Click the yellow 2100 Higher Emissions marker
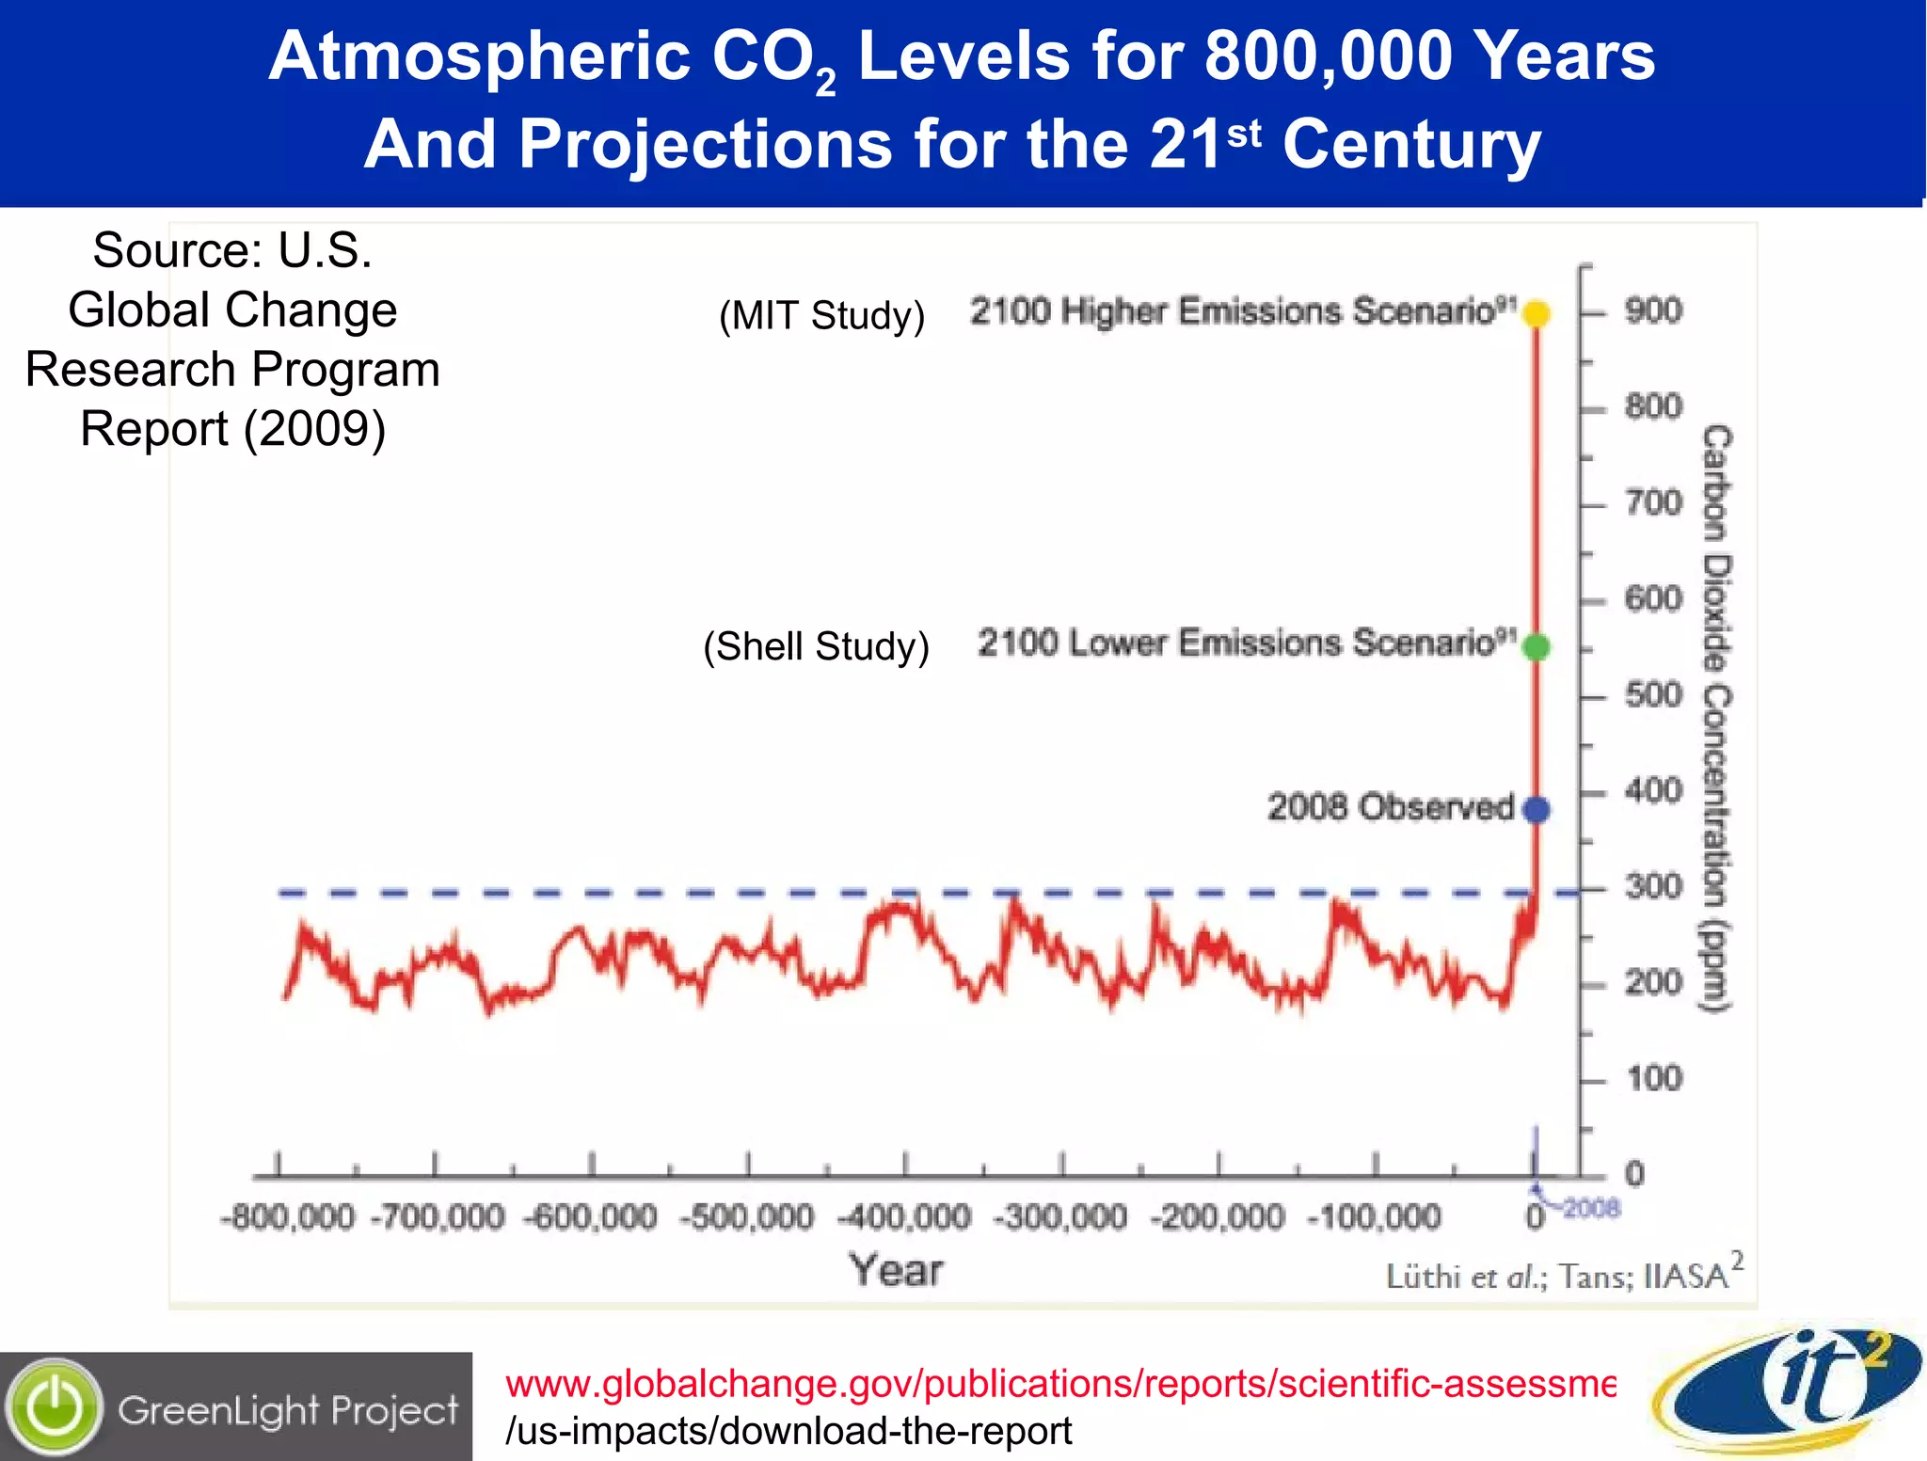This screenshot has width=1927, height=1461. (x=1537, y=313)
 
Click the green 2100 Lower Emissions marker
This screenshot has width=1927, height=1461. (x=1537, y=647)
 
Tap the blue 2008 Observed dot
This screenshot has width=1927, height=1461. (x=1537, y=809)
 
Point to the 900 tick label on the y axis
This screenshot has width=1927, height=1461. (x=1653, y=310)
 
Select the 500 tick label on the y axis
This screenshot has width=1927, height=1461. (x=1653, y=694)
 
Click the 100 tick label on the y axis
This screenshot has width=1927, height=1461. (x=1654, y=1078)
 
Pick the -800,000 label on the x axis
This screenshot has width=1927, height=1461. (x=288, y=1217)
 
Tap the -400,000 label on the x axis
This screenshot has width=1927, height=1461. (x=904, y=1217)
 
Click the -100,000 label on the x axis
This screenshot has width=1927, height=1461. (x=1375, y=1217)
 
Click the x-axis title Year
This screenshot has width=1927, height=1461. (x=896, y=1270)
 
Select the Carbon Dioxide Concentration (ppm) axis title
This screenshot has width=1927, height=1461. (x=1717, y=720)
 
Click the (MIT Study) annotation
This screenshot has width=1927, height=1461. (x=821, y=315)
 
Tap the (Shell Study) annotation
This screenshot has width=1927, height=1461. (x=816, y=647)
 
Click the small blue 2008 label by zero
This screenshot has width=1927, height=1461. (x=1591, y=1207)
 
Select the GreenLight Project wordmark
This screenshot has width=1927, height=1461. (x=288, y=1410)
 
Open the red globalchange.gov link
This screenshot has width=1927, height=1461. (x=1059, y=1384)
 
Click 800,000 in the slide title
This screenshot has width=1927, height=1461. (x=1329, y=56)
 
